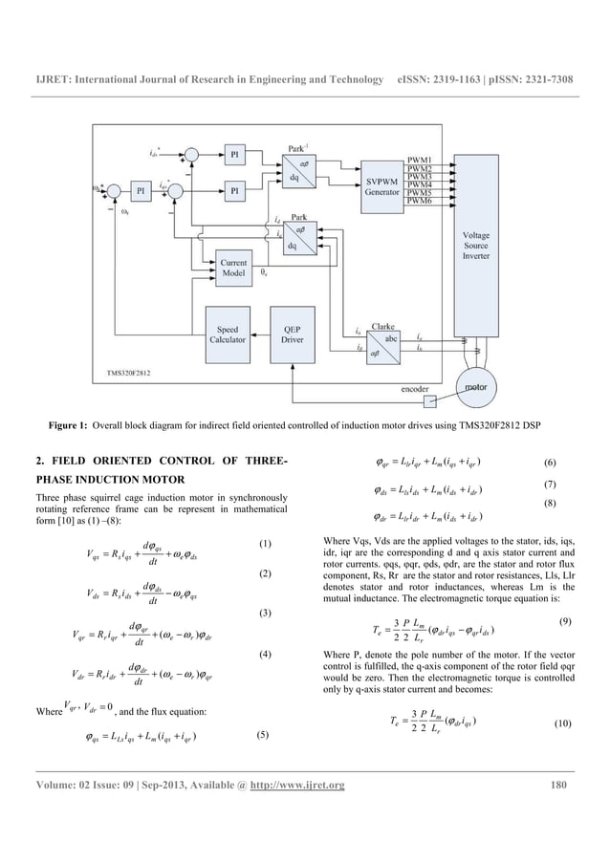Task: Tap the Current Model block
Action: pos(233,268)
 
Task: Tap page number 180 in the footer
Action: pos(562,786)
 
